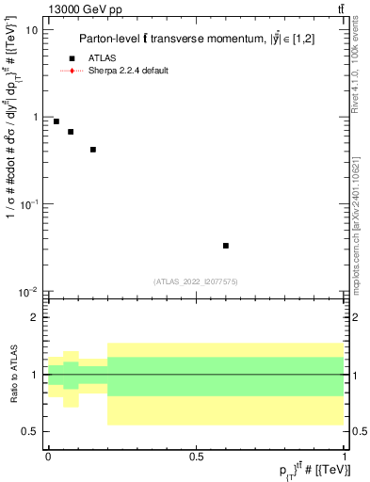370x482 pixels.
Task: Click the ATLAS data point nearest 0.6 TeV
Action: click(226, 246)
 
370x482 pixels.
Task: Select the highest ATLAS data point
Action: click(56, 121)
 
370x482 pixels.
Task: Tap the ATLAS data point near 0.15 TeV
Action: click(93, 150)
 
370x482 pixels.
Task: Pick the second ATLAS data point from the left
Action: click(71, 132)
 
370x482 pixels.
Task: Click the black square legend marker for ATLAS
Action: click(72, 58)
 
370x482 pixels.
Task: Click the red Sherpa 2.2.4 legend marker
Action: click(72, 71)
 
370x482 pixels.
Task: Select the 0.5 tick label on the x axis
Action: click(196, 458)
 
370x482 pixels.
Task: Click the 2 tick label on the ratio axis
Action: click(37, 317)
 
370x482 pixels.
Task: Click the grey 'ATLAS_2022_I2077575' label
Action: click(196, 281)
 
